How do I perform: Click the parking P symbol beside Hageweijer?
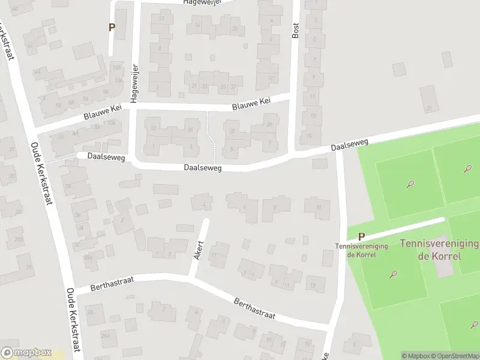112,27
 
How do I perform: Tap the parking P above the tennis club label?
361,237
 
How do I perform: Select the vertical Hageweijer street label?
135,82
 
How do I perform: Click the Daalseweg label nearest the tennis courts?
349,145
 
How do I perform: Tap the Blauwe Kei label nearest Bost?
251,106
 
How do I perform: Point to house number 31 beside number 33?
194,86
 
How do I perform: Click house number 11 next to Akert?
214,256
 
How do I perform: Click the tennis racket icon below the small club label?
394,275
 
